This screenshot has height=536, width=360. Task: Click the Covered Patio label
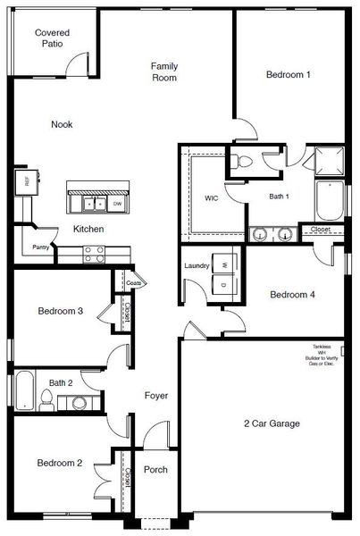pyautogui.click(x=52, y=38)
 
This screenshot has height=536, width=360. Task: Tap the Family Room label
pyautogui.click(x=163, y=71)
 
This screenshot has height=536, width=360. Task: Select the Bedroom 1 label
pyautogui.click(x=288, y=75)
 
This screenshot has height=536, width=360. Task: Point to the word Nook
pyautogui.click(x=62, y=124)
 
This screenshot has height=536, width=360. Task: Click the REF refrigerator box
pyautogui.click(x=22, y=182)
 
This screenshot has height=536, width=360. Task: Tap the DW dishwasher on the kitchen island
pyautogui.click(x=117, y=204)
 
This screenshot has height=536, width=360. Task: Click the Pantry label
pyautogui.click(x=40, y=247)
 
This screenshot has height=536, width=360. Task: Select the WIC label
pyautogui.click(x=212, y=197)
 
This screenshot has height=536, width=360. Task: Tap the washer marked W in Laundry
pyautogui.click(x=224, y=265)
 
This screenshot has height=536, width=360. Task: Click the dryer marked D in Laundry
pyautogui.click(x=224, y=283)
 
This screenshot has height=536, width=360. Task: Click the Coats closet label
pyautogui.click(x=134, y=283)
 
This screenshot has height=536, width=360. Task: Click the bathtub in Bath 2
pyautogui.click(x=23, y=391)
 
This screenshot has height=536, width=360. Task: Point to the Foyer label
pyautogui.click(x=157, y=395)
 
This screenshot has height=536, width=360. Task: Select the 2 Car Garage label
pyautogui.click(x=271, y=423)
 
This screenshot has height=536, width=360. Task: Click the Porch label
pyautogui.click(x=156, y=470)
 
